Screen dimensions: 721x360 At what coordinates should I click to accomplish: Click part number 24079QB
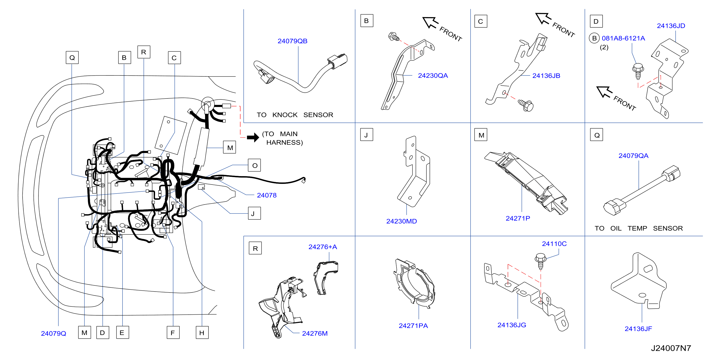pos(292,41)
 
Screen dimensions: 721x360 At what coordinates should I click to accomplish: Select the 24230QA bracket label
pos(433,75)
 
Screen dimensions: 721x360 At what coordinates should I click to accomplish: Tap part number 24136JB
pos(546,76)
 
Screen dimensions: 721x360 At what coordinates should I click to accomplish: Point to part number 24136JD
pos(671,26)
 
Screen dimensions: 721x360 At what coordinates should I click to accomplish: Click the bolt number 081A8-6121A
pos(623,38)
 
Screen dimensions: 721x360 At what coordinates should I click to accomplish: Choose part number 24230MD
pos(401,221)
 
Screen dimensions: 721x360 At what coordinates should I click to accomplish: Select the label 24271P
pos(518,219)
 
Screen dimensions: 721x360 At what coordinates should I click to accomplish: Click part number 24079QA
pos(633,156)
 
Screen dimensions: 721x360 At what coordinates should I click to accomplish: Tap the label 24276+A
pos(323,247)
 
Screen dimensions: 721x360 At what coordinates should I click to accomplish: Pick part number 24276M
pos(315,333)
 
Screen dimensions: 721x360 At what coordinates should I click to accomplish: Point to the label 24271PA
pos(413,326)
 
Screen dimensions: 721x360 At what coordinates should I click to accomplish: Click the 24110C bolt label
pos(554,244)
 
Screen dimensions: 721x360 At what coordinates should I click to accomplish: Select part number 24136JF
pos(638,329)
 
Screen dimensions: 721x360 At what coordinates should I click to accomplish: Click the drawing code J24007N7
pos(671,348)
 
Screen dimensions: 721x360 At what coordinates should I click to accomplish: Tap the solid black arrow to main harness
pos(253,137)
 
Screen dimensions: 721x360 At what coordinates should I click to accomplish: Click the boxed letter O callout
pos(254,165)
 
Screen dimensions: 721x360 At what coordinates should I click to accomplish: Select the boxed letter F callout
pos(173,333)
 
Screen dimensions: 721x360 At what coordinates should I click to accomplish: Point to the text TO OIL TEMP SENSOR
pos(639,229)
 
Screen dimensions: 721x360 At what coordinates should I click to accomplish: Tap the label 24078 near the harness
pos(266,195)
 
